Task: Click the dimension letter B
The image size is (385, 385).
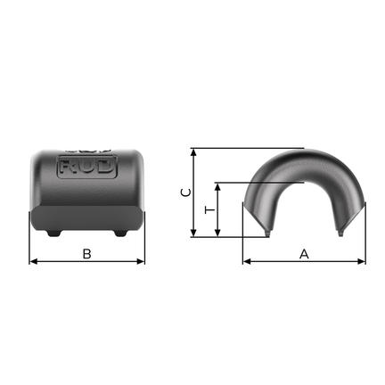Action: tap(86, 254)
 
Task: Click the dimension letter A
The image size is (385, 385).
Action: tap(304, 254)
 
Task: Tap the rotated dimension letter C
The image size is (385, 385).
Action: tap(186, 192)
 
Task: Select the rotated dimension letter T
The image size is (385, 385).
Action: tap(209, 210)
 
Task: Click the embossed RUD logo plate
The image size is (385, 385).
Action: tap(86, 167)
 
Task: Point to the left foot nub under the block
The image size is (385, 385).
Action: tap(54, 233)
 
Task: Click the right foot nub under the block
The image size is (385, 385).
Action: tap(120, 233)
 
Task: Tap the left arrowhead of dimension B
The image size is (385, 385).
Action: tap(33, 261)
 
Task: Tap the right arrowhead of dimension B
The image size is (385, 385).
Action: tap(141, 261)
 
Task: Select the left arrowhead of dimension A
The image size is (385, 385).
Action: tap(247, 261)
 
